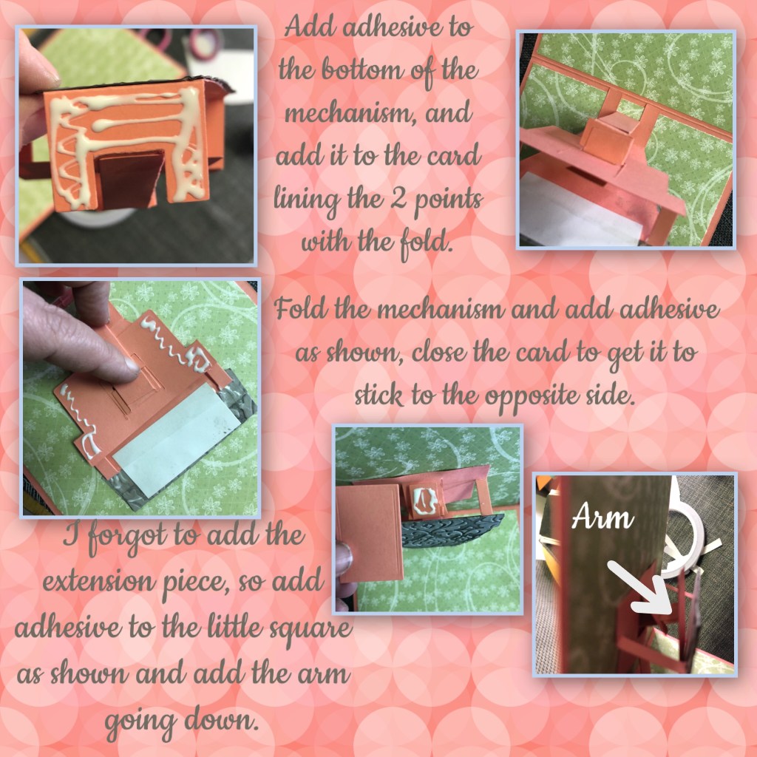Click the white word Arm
click(x=602, y=517)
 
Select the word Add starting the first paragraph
click(x=310, y=26)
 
